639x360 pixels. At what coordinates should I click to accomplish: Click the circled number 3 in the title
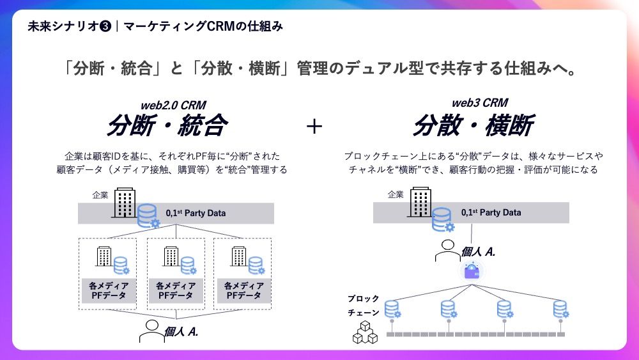point(105,26)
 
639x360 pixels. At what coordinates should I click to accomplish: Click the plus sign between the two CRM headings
point(314,126)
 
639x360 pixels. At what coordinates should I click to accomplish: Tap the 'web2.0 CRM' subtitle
point(173,106)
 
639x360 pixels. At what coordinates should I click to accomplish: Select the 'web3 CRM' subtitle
point(480,103)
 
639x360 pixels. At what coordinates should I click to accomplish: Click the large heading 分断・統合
point(167,125)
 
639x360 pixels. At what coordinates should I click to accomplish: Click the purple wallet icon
point(472,271)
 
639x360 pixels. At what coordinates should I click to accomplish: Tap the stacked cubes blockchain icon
point(365,332)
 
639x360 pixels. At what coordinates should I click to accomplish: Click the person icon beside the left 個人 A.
point(151,331)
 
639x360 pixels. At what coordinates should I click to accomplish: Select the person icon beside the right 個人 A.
point(447,251)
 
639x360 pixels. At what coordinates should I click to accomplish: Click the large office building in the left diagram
point(125,203)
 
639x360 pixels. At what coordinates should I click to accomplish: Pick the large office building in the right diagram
point(420,202)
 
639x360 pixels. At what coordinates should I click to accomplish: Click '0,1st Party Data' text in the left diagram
point(196,213)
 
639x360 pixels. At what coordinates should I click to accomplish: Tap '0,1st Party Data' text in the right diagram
point(491,212)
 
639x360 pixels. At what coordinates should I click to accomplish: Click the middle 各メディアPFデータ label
point(176,291)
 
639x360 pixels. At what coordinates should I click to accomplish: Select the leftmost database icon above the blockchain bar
point(392,309)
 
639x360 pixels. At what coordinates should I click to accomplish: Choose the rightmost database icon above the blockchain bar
point(561,309)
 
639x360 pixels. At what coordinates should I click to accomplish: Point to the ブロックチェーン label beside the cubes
point(364,306)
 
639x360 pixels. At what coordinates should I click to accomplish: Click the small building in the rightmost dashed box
point(239,256)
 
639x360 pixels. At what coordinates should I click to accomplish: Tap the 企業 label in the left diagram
point(100,195)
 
